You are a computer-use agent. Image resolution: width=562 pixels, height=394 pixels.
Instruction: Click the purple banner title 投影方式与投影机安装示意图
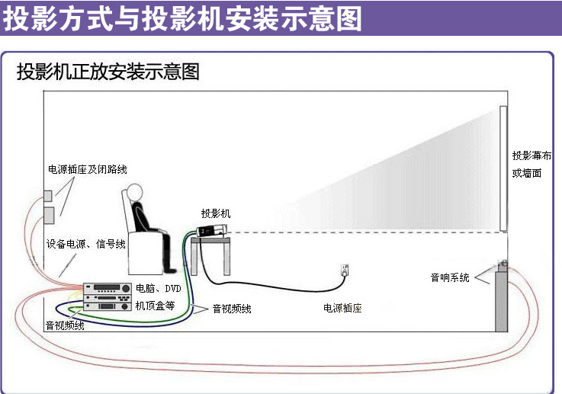pos(183,18)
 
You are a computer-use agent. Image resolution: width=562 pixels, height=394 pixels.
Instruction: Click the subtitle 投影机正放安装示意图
pos(108,72)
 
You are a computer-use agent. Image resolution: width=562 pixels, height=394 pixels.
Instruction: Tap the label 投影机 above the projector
pos(215,213)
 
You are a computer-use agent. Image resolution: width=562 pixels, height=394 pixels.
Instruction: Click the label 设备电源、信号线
pos(85,244)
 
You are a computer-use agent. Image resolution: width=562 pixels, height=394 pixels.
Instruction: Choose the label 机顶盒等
pos(155,305)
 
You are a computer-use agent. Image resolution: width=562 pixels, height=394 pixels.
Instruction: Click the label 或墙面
pos(527,173)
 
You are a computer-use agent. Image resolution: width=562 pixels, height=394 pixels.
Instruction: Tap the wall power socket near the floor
pos(345,270)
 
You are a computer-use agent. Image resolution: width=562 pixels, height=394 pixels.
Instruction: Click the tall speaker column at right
pos(502,300)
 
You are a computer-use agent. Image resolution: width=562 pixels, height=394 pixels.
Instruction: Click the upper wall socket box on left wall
pos(47,194)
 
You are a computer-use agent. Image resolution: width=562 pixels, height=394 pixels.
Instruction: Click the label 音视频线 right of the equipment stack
pos(232,309)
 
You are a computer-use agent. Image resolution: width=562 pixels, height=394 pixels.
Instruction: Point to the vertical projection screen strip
pos(503,168)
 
